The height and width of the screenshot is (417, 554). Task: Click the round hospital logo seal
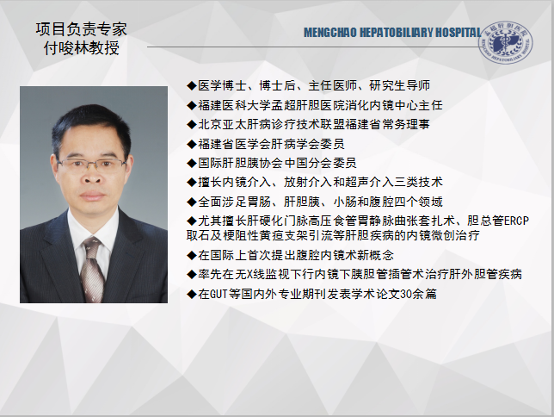(506, 43)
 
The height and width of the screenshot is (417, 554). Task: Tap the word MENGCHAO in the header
(330, 33)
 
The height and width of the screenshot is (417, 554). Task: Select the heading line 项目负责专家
(81, 29)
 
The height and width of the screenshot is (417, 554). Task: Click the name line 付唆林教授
(81, 47)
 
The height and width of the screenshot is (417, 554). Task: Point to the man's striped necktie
(92, 269)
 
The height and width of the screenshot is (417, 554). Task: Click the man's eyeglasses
(91, 165)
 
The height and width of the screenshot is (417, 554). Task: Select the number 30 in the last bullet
(406, 294)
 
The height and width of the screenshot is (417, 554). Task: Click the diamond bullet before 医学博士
(192, 85)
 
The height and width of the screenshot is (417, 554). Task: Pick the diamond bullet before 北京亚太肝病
(192, 124)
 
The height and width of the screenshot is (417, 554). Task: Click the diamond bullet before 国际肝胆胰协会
(192, 163)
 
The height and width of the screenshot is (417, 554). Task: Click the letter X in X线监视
(249, 274)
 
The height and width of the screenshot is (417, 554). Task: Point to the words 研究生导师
(399, 85)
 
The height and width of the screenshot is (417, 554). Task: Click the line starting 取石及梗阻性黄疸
(333, 235)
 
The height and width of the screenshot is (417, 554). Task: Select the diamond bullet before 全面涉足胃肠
(192, 202)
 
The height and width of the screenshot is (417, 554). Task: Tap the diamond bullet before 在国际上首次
(192, 255)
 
